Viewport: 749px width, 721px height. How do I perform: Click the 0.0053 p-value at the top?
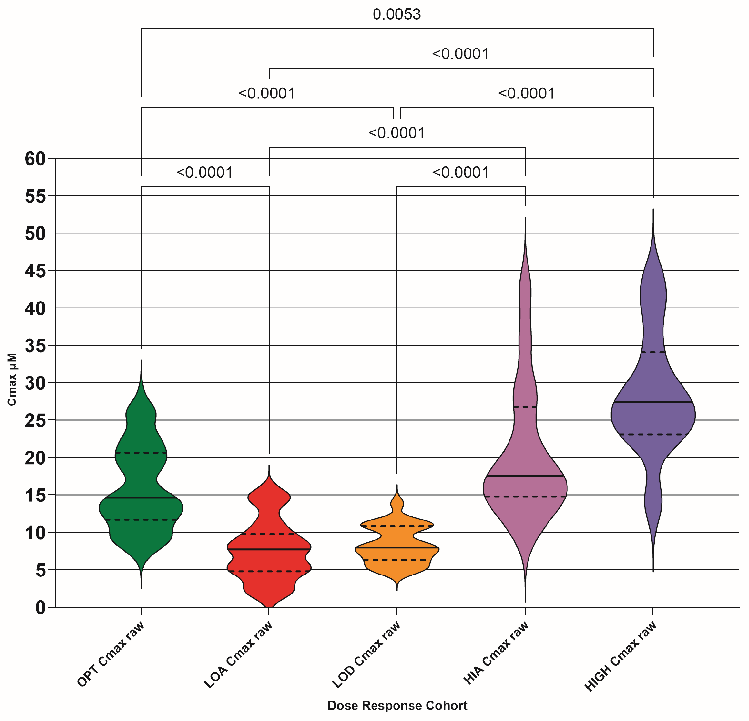point(397,14)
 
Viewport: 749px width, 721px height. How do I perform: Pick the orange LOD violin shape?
point(397,543)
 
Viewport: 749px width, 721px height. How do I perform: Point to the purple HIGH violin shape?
point(653,382)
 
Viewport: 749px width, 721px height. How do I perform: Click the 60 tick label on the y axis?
point(35,159)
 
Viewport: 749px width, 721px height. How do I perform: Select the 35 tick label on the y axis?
point(35,346)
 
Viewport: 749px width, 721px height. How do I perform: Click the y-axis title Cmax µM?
point(12,379)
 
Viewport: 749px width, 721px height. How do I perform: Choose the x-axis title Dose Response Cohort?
point(397,705)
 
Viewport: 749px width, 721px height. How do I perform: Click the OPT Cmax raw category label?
point(111,654)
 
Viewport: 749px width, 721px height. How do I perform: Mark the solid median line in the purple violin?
point(653,402)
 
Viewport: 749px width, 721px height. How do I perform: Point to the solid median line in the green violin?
point(141,498)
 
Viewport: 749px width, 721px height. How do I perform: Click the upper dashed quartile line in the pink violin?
point(525,407)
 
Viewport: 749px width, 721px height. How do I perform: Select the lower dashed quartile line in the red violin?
point(269,571)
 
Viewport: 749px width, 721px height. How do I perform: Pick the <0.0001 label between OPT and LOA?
point(204,173)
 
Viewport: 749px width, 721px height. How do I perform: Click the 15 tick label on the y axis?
point(35,496)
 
